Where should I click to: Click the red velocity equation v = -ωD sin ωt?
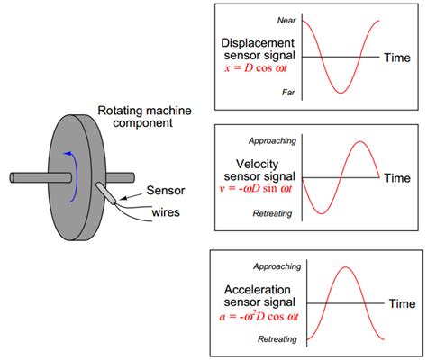click(x=255, y=188)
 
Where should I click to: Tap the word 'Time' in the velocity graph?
click(x=398, y=178)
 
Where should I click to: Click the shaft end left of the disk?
click(x=20, y=173)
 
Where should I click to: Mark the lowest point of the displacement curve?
click(x=340, y=93)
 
